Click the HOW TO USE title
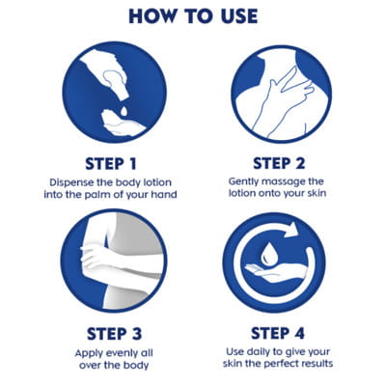[193, 16]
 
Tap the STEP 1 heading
[111, 164]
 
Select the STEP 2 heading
[279, 163]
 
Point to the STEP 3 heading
[114, 334]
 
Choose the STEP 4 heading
[278, 333]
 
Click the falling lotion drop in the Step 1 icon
[124, 111]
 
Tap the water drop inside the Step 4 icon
[266, 253]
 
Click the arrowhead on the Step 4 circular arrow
[292, 231]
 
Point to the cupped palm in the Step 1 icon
[123, 124]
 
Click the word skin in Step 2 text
[317, 193]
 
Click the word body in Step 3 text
[137, 365]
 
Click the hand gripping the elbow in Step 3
[94, 255]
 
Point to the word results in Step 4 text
[317, 364]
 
